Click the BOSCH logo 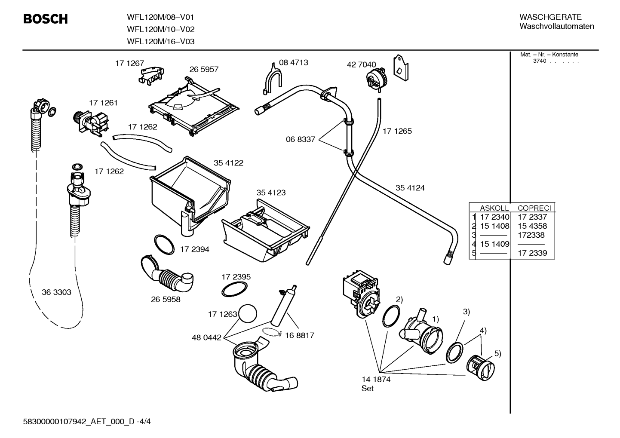46,19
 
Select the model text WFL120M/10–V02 160,29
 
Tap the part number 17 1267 129,63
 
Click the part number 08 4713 293,62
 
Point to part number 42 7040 361,65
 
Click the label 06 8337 300,139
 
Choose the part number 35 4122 228,163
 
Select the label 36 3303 56,292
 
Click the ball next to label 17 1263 248,313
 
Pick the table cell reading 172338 531,235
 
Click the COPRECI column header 534,208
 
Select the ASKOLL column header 494,208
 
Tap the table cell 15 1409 494,244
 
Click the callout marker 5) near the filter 497,354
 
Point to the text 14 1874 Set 376,384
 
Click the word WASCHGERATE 550,17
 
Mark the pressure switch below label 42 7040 377,78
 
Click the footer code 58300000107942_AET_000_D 79,422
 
